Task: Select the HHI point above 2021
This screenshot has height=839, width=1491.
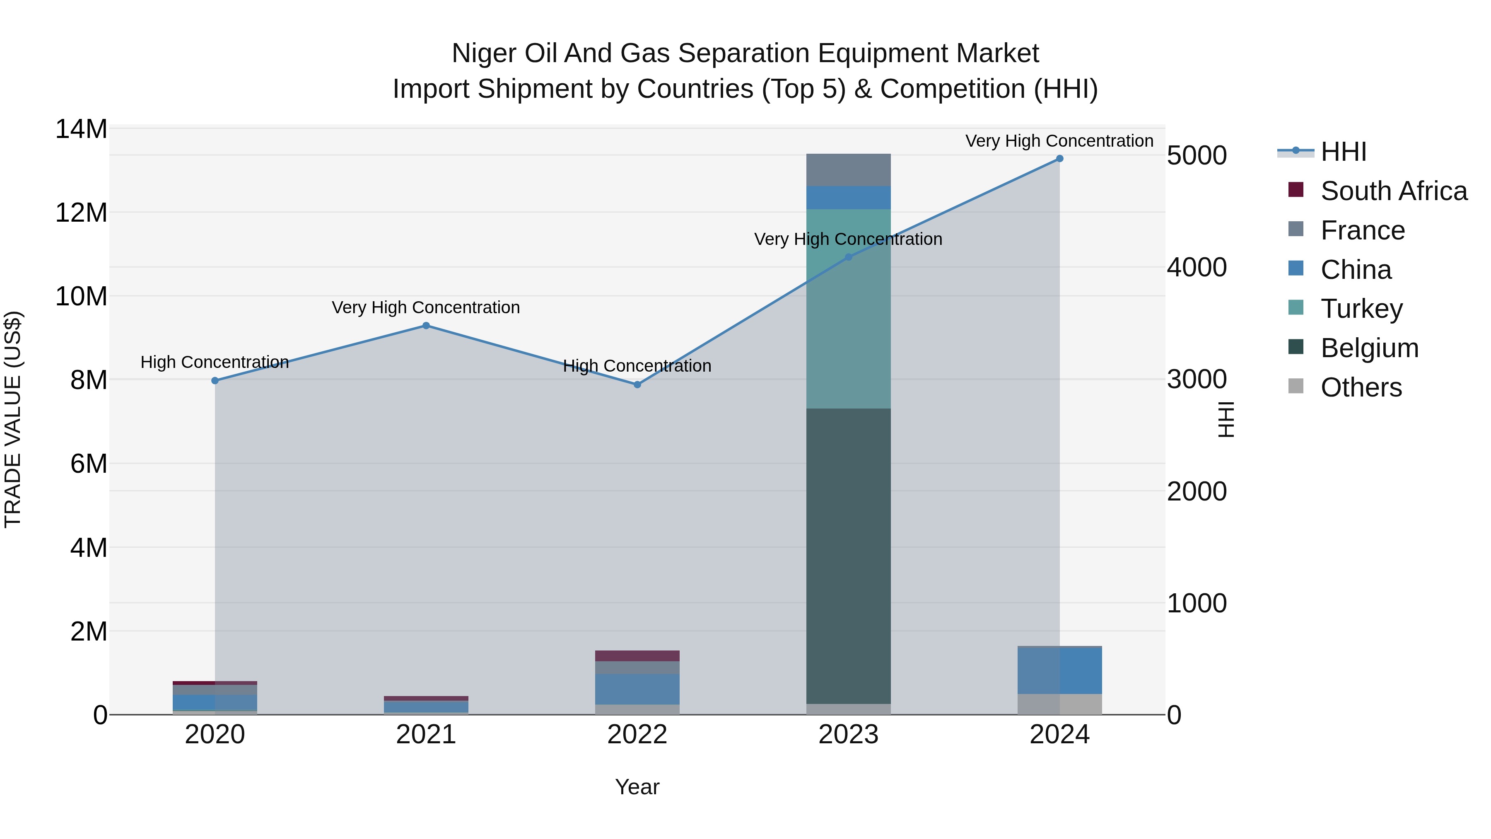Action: click(x=426, y=326)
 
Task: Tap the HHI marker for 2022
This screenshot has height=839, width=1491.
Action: click(x=637, y=384)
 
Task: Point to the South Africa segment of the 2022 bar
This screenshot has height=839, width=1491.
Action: click(x=637, y=655)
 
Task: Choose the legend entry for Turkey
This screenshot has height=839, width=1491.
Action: click(x=1361, y=309)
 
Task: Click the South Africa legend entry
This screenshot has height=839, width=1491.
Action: click(x=1393, y=191)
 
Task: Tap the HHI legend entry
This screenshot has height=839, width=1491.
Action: click(x=1343, y=152)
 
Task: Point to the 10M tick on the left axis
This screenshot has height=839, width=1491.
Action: click(x=81, y=297)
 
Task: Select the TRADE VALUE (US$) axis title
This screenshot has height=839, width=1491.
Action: click(x=13, y=419)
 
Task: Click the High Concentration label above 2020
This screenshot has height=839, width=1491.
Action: click(x=215, y=363)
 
